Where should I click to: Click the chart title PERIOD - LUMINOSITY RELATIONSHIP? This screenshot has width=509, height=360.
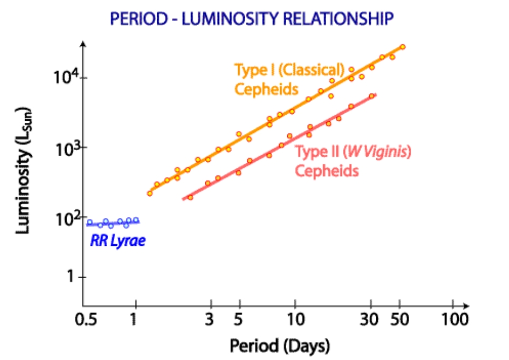click(x=251, y=20)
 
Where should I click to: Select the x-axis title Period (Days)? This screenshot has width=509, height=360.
click(x=280, y=346)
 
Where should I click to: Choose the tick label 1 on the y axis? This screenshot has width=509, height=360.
click(x=69, y=277)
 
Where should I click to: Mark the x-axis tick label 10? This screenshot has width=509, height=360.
click(x=295, y=320)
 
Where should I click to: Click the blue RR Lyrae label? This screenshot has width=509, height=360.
click(x=118, y=241)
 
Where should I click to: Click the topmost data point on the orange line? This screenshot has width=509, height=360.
click(x=403, y=47)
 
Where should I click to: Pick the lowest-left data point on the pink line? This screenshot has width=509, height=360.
click(x=190, y=197)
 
